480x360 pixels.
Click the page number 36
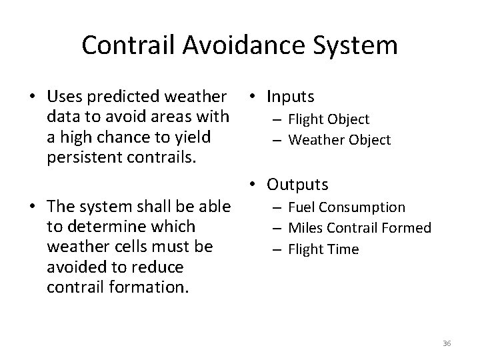(x=447, y=343)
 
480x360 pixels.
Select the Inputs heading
(x=290, y=97)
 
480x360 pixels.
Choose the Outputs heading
(x=297, y=183)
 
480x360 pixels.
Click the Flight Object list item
(x=329, y=119)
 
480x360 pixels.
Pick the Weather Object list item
(x=339, y=139)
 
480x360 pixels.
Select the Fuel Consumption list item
(x=347, y=207)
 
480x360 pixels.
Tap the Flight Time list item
(x=323, y=249)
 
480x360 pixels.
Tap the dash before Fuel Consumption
(x=279, y=207)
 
